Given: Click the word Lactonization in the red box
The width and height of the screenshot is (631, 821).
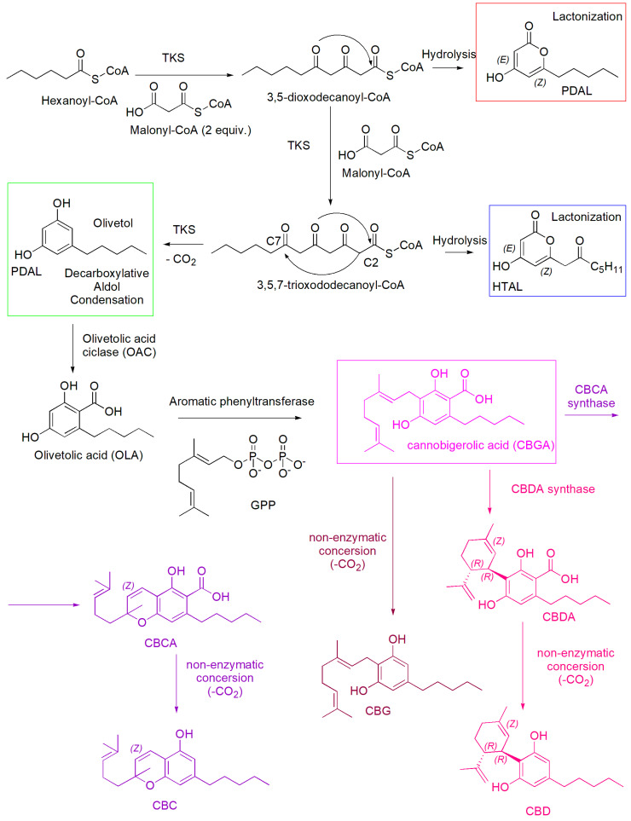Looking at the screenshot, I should pos(579,16).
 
